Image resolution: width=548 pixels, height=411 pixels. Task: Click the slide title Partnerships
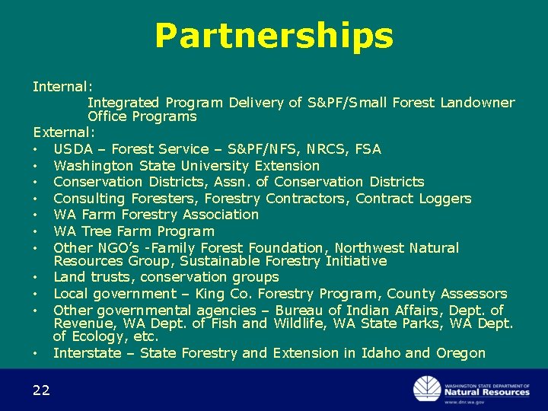pos(274,36)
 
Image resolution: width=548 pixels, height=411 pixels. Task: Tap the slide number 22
pos(41,390)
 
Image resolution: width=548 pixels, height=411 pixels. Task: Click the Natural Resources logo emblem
pos(427,388)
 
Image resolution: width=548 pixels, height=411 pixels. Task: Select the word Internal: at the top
pos(62,87)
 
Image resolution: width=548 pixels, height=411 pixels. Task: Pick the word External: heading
pos(64,132)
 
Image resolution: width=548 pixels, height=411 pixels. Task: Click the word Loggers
pos(444,199)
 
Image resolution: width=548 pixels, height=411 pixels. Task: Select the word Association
pos(218,215)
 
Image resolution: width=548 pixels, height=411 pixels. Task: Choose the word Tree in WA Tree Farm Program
pos(97,231)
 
